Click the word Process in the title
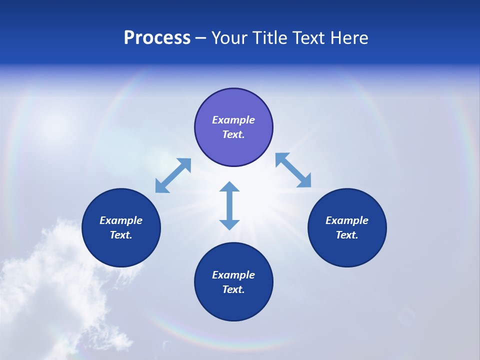tap(157, 38)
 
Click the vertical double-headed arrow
tap(229, 205)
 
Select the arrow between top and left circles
tap(173, 175)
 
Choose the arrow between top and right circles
tap(293, 170)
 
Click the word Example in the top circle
tap(233, 120)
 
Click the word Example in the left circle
tap(121, 220)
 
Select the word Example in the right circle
tap(347, 220)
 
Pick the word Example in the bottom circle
tap(233, 275)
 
